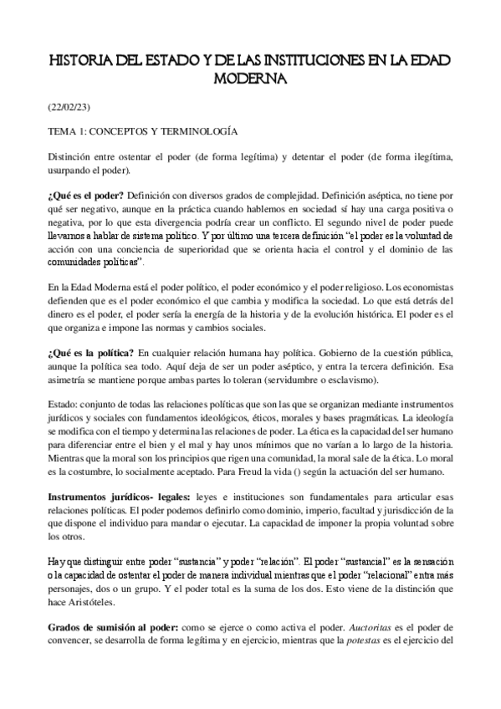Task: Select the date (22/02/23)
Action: pos(70,108)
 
